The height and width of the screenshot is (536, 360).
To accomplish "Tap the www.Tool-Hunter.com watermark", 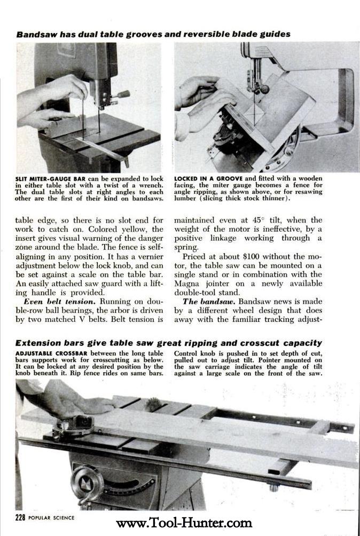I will [x=184, y=523].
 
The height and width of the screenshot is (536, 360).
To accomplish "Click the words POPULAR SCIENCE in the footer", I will [x=52, y=517].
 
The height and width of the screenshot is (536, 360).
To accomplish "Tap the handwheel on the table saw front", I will [x=87, y=484].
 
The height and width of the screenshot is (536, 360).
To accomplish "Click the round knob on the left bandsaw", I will [x=123, y=94].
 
